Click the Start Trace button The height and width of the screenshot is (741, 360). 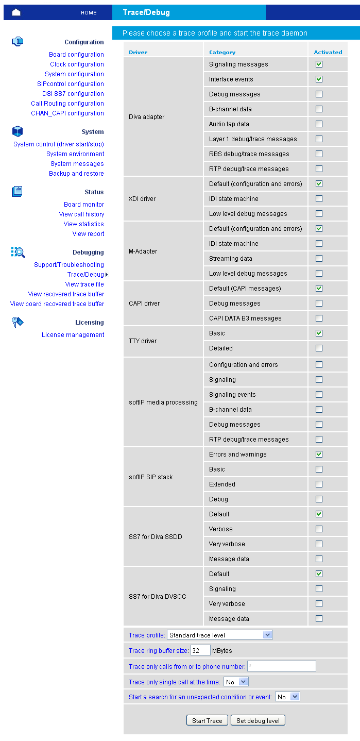207,720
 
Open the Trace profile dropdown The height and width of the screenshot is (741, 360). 220,635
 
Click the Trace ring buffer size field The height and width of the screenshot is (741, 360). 200,650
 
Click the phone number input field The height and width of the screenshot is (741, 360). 281,666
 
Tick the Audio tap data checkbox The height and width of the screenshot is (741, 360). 319,124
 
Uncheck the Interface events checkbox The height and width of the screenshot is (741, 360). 319,79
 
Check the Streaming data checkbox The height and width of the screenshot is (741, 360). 319,259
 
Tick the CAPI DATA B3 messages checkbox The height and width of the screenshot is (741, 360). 319,318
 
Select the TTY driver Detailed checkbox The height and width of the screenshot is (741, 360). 319,348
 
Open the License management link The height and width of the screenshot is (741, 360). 73,335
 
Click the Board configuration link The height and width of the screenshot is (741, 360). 76,55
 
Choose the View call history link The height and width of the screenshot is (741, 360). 81,214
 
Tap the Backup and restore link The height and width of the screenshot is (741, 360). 76,174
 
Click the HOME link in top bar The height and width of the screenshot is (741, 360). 89,13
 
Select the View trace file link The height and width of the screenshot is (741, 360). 84,284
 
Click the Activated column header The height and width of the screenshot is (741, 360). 328,52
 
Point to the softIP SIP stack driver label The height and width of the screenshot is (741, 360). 151,477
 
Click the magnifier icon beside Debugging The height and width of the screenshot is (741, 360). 18,252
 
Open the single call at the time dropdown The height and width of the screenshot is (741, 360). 236,682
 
